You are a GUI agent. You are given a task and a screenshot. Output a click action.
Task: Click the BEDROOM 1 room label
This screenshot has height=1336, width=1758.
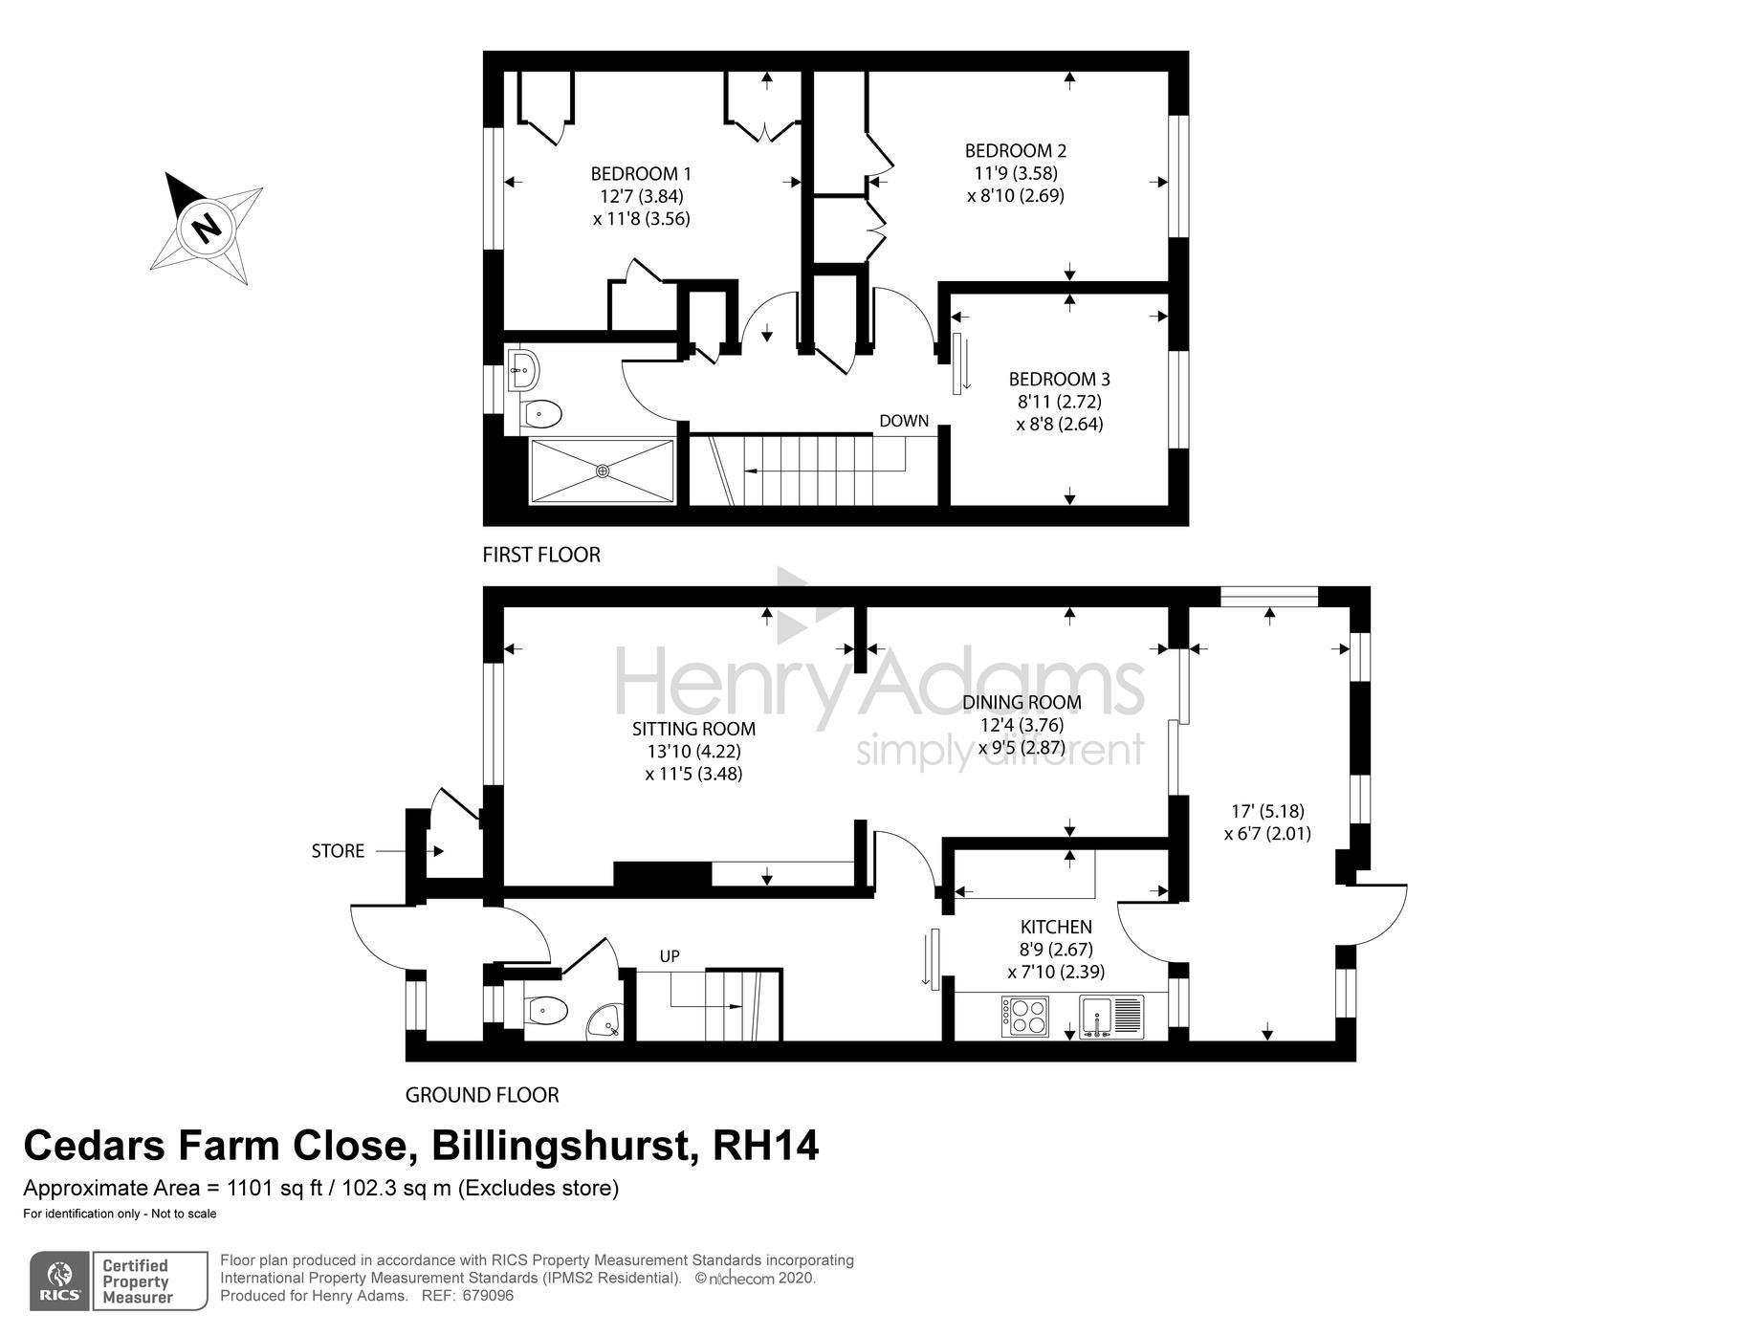pyautogui.click(x=641, y=174)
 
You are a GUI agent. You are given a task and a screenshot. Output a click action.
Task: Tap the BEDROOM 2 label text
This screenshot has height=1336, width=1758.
pyautogui.click(x=1016, y=150)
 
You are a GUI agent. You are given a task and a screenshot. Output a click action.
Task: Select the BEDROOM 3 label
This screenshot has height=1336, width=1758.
pyautogui.click(x=1059, y=379)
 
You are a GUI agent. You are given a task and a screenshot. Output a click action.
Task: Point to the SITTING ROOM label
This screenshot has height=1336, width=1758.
pyautogui.click(x=693, y=729)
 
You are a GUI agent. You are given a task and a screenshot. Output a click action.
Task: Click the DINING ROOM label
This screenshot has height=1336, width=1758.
pyautogui.click(x=1022, y=702)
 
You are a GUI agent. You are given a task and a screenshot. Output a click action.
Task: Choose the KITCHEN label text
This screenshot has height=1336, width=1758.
pyautogui.click(x=1056, y=927)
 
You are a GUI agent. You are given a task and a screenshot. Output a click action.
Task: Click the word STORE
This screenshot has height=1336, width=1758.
pyautogui.click(x=338, y=851)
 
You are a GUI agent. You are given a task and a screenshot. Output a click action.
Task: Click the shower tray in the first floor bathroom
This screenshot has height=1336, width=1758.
pyautogui.click(x=602, y=471)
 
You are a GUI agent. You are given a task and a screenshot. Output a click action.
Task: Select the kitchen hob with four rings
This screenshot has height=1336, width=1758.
pyautogui.click(x=1025, y=1017)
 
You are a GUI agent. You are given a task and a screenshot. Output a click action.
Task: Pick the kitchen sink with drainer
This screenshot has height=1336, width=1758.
pyautogui.click(x=1111, y=1017)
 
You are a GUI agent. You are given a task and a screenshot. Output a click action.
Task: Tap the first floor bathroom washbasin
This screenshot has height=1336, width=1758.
pyautogui.click(x=523, y=368)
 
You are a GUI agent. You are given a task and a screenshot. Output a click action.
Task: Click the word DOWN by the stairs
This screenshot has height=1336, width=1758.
pyautogui.click(x=904, y=421)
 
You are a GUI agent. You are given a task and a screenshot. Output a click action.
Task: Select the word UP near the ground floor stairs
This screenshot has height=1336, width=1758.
pyautogui.click(x=670, y=956)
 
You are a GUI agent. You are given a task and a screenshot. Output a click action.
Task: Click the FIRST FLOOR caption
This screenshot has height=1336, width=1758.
pyautogui.click(x=541, y=555)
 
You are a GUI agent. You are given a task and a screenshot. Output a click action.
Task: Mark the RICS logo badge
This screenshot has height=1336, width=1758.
pyautogui.click(x=60, y=1281)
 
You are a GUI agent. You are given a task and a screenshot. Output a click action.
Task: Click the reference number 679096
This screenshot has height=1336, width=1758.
pyautogui.click(x=488, y=1297)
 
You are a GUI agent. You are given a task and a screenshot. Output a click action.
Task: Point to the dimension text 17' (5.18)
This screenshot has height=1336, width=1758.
pyautogui.click(x=1267, y=811)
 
